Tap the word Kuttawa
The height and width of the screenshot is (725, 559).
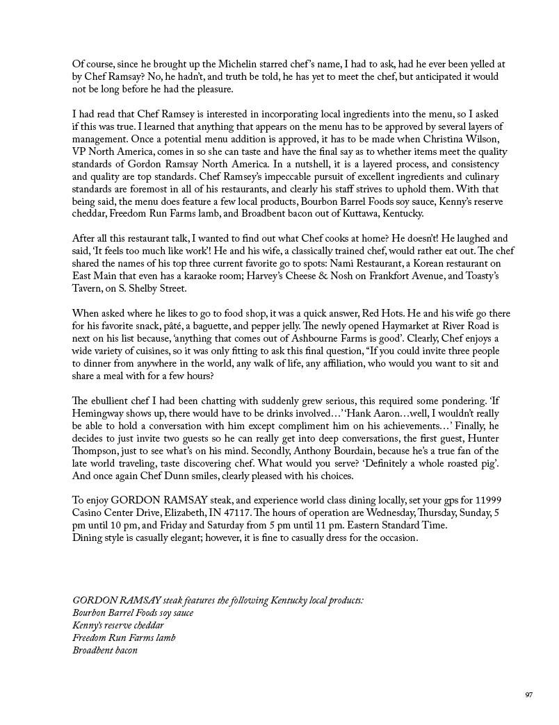click(394, 214)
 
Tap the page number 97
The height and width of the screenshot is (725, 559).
click(529, 694)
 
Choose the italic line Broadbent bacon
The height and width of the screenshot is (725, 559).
click(105, 651)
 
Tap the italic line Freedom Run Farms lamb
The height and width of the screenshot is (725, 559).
click(124, 638)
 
